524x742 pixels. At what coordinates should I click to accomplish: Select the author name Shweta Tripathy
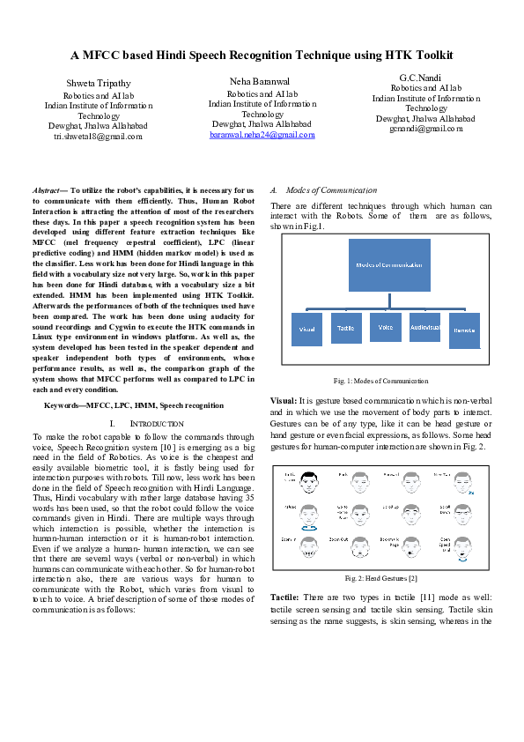pyautogui.click(x=99, y=83)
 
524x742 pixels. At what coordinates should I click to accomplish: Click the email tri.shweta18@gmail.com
pyautogui.click(x=99, y=137)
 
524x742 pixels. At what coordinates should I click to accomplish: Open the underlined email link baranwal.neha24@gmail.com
pyautogui.click(x=262, y=135)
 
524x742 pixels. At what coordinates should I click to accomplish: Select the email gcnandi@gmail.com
pyautogui.click(x=426, y=129)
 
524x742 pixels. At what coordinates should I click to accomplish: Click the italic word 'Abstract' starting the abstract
pyautogui.click(x=46, y=190)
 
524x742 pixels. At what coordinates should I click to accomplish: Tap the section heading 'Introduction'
pyautogui.click(x=156, y=424)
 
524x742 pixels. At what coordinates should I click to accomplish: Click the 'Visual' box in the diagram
pyautogui.click(x=306, y=329)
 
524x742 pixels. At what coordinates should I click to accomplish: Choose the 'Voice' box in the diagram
pyautogui.click(x=385, y=327)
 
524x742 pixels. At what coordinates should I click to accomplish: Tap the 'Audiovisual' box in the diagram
pyautogui.click(x=424, y=327)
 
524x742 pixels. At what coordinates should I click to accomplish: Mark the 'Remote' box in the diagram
pyautogui.click(x=463, y=330)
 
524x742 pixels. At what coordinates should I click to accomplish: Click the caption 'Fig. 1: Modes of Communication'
pyautogui.click(x=380, y=381)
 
